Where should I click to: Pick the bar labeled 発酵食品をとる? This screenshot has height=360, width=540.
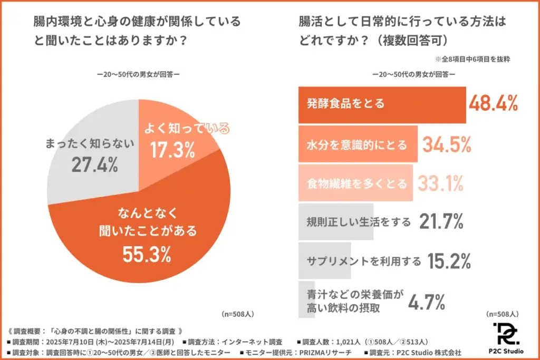click(382, 104)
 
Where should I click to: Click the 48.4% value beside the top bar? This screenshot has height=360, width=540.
click(494, 104)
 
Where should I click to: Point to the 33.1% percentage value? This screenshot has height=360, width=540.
click(441, 183)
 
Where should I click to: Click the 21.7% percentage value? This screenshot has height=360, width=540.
click(441, 222)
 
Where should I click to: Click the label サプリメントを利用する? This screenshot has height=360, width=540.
click(363, 261)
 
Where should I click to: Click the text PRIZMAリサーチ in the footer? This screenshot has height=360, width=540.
click(322, 352)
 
